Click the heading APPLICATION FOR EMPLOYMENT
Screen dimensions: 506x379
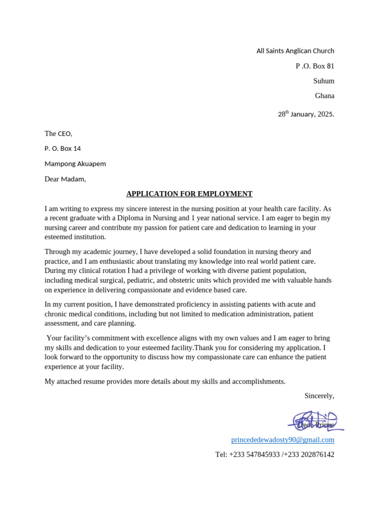click(189, 194)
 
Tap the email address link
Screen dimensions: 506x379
click(282, 439)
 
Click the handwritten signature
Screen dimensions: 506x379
click(316, 421)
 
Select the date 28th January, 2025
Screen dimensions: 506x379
click(306, 114)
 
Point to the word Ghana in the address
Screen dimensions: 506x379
click(324, 96)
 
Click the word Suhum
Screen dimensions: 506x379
click(324, 81)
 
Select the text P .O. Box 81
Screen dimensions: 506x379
click(315, 66)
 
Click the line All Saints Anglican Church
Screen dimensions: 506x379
click(295, 51)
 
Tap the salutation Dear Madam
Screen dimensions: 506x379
click(65, 179)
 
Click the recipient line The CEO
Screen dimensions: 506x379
click(58, 133)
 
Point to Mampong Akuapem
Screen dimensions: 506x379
click(75, 164)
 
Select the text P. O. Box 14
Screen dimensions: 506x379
click(63, 148)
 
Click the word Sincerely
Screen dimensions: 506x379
click(319, 395)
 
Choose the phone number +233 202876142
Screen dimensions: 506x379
click(309, 454)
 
